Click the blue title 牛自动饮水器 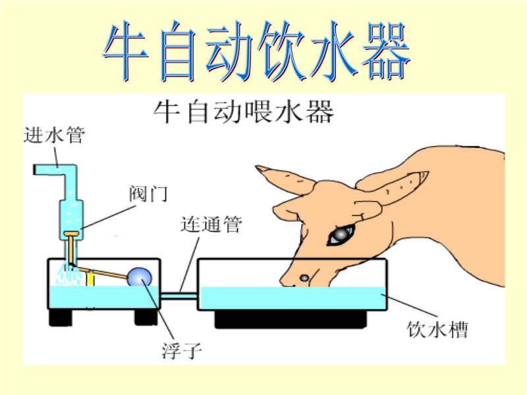point(256,51)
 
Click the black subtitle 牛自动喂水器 point(244,111)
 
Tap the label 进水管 point(54,135)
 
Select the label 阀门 point(148,194)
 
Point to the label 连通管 point(211,224)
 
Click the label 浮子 point(182,350)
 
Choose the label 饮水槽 point(437,330)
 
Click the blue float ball point(139,276)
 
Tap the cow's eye point(341,235)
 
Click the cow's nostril point(304,278)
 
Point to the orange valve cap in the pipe point(72,234)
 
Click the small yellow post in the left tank point(90,278)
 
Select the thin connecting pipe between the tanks point(179,296)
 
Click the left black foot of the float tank point(61,317)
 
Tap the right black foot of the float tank point(146,317)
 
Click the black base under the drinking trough point(291,319)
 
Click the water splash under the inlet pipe point(69,275)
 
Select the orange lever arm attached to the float point(100,272)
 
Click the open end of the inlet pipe point(35,170)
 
